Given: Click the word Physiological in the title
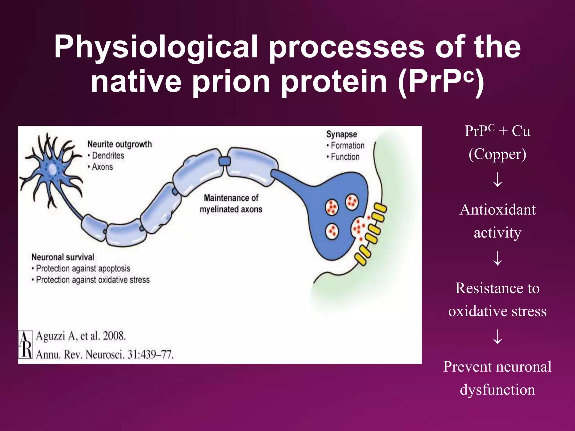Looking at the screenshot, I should (x=156, y=47).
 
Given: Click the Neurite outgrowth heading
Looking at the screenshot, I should (x=120, y=144).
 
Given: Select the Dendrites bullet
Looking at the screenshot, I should (x=108, y=155).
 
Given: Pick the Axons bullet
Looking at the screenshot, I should (x=102, y=167).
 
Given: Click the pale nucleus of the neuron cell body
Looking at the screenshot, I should (x=53, y=169).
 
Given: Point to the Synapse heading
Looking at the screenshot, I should (x=341, y=134).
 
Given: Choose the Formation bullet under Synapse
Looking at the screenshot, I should (x=347, y=146).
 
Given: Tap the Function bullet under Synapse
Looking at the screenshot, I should (x=345, y=157).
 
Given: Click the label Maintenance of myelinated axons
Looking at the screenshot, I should (x=231, y=204).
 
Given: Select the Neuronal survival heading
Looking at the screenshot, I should (x=63, y=257).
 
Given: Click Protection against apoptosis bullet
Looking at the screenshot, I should (x=83, y=269).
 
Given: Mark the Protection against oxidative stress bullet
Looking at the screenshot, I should (x=93, y=280).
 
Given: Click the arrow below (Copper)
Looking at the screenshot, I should (x=498, y=180).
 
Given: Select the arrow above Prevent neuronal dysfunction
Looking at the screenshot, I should (x=498, y=337).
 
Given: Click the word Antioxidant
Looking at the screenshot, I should (x=498, y=210).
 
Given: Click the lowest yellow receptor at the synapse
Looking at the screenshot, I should (x=361, y=259).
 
